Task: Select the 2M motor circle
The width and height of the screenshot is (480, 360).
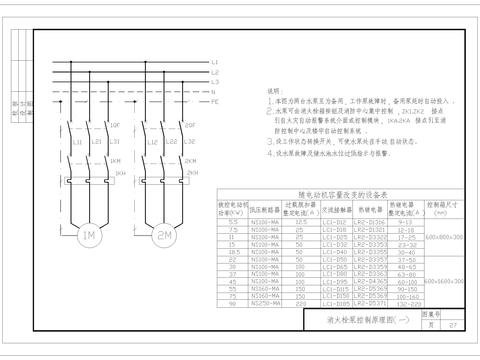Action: coord(164,236)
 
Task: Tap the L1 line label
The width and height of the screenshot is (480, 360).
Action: coord(215,63)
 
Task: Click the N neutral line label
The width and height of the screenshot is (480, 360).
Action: coord(215,90)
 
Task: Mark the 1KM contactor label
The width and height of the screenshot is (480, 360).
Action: coord(116,159)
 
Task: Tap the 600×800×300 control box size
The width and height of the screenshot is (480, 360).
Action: coord(444,238)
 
